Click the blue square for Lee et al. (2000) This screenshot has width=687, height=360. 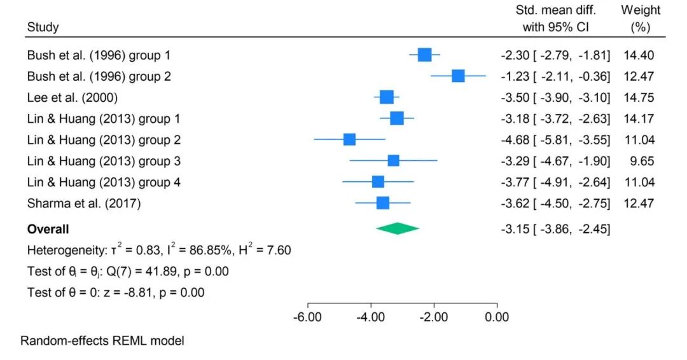[387, 97]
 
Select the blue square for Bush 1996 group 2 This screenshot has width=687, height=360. [458, 76]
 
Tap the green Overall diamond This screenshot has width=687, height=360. [398, 228]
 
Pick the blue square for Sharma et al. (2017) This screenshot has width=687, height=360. [383, 203]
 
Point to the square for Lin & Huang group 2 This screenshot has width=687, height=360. [349, 139]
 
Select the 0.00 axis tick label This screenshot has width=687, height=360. [497, 317]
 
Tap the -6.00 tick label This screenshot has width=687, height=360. [307, 317]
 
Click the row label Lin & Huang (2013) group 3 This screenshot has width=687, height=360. [104, 161]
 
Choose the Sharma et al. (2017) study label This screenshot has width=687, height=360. [84, 204]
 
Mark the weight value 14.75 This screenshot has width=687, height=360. [639, 97]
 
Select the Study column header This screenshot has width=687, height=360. [43, 27]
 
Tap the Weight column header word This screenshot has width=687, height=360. [641, 10]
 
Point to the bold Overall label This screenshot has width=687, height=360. [48, 229]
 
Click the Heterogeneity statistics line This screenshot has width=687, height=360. [159, 250]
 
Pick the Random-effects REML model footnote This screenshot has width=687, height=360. [102, 341]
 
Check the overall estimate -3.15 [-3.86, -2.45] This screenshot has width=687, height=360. [555, 229]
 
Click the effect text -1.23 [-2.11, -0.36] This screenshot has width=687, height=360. [555, 76]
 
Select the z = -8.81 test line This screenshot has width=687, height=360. [116, 293]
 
